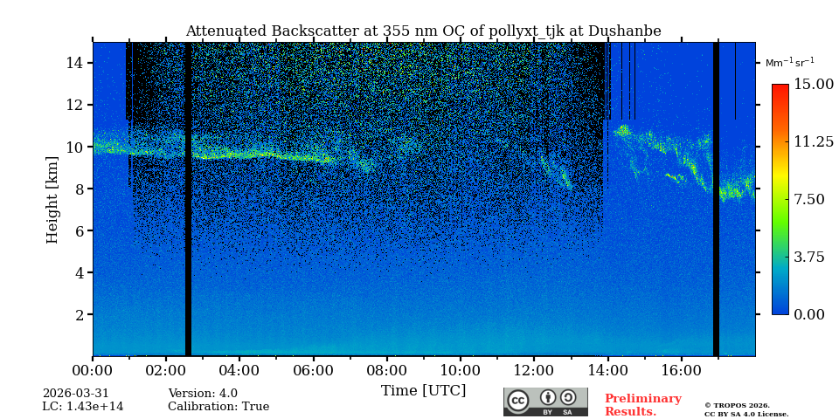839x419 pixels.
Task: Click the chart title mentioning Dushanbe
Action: (423, 31)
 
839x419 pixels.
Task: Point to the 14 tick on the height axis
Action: (74, 63)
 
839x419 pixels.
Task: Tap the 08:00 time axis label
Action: (386, 370)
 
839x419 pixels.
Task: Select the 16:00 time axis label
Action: (681, 370)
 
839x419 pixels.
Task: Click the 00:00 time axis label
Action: (93, 370)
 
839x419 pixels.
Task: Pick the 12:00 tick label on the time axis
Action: (534, 370)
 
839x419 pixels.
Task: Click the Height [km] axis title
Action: (52, 199)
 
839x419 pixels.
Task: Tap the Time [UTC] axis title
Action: (423, 390)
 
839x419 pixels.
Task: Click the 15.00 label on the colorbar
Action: (813, 85)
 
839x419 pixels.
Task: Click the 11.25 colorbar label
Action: (813, 142)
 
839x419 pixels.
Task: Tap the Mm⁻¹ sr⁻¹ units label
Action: (789, 63)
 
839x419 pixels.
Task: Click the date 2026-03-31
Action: (76, 394)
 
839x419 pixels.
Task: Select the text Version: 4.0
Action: (202, 394)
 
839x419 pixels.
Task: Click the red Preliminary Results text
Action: (642, 405)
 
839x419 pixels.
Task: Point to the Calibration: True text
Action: (218, 407)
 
